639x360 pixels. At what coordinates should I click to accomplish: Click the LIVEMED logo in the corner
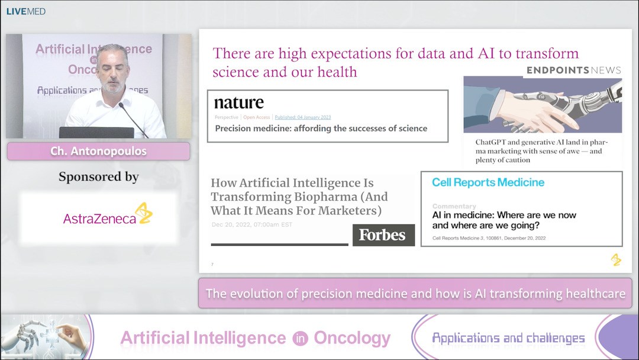(26, 11)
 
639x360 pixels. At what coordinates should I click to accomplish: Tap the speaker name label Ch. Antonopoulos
(98, 151)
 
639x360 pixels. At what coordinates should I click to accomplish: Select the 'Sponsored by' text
(98, 176)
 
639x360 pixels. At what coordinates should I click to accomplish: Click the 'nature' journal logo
(238, 102)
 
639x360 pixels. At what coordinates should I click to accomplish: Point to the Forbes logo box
(383, 235)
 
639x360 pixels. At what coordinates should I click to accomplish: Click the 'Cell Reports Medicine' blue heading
(488, 182)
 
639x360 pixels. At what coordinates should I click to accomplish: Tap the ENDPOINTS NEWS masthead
(573, 70)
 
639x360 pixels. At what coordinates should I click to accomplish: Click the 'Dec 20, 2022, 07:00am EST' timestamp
(251, 224)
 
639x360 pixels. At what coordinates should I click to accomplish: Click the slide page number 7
(212, 264)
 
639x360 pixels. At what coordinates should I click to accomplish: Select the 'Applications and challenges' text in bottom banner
(508, 338)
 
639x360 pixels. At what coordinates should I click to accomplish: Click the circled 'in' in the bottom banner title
(299, 339)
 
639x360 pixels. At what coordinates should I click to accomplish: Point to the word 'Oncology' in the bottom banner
(352, 338)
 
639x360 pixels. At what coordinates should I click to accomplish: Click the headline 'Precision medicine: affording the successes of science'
(321, 128)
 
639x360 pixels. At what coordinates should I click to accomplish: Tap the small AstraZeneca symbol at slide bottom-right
(616, 259)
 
